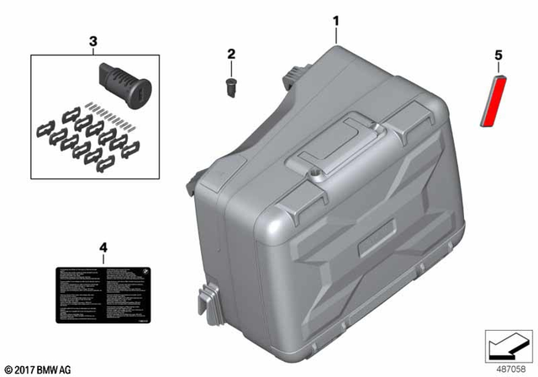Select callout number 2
229,55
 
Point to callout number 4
103,247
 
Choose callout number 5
498,56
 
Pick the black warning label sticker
103,294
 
